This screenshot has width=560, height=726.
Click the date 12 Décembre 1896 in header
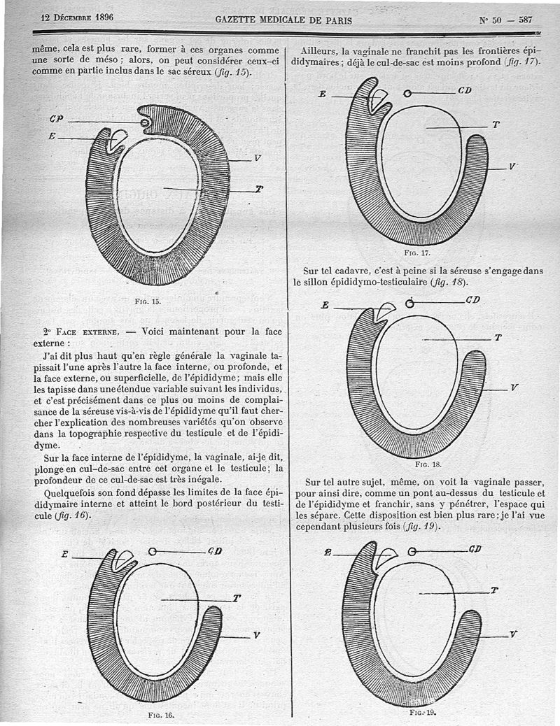pos(77,17)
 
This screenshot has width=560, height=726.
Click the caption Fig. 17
pos(416,253)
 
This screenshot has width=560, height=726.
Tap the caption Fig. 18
pos(428,464)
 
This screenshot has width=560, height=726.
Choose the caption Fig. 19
pos(422,712)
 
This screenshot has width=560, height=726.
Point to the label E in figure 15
pos(52,137)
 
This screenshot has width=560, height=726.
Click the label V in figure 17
pos(513,166)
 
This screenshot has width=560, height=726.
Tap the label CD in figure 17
pos(465,91)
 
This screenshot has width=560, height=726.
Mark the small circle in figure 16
pos(153,551)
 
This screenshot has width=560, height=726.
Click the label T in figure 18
pos(498,337)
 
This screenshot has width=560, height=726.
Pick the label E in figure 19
pos(328,553)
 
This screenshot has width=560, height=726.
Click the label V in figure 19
pos(514,634)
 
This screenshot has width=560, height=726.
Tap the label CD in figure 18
pos(473,300)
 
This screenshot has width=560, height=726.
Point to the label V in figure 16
pos(257,635)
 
